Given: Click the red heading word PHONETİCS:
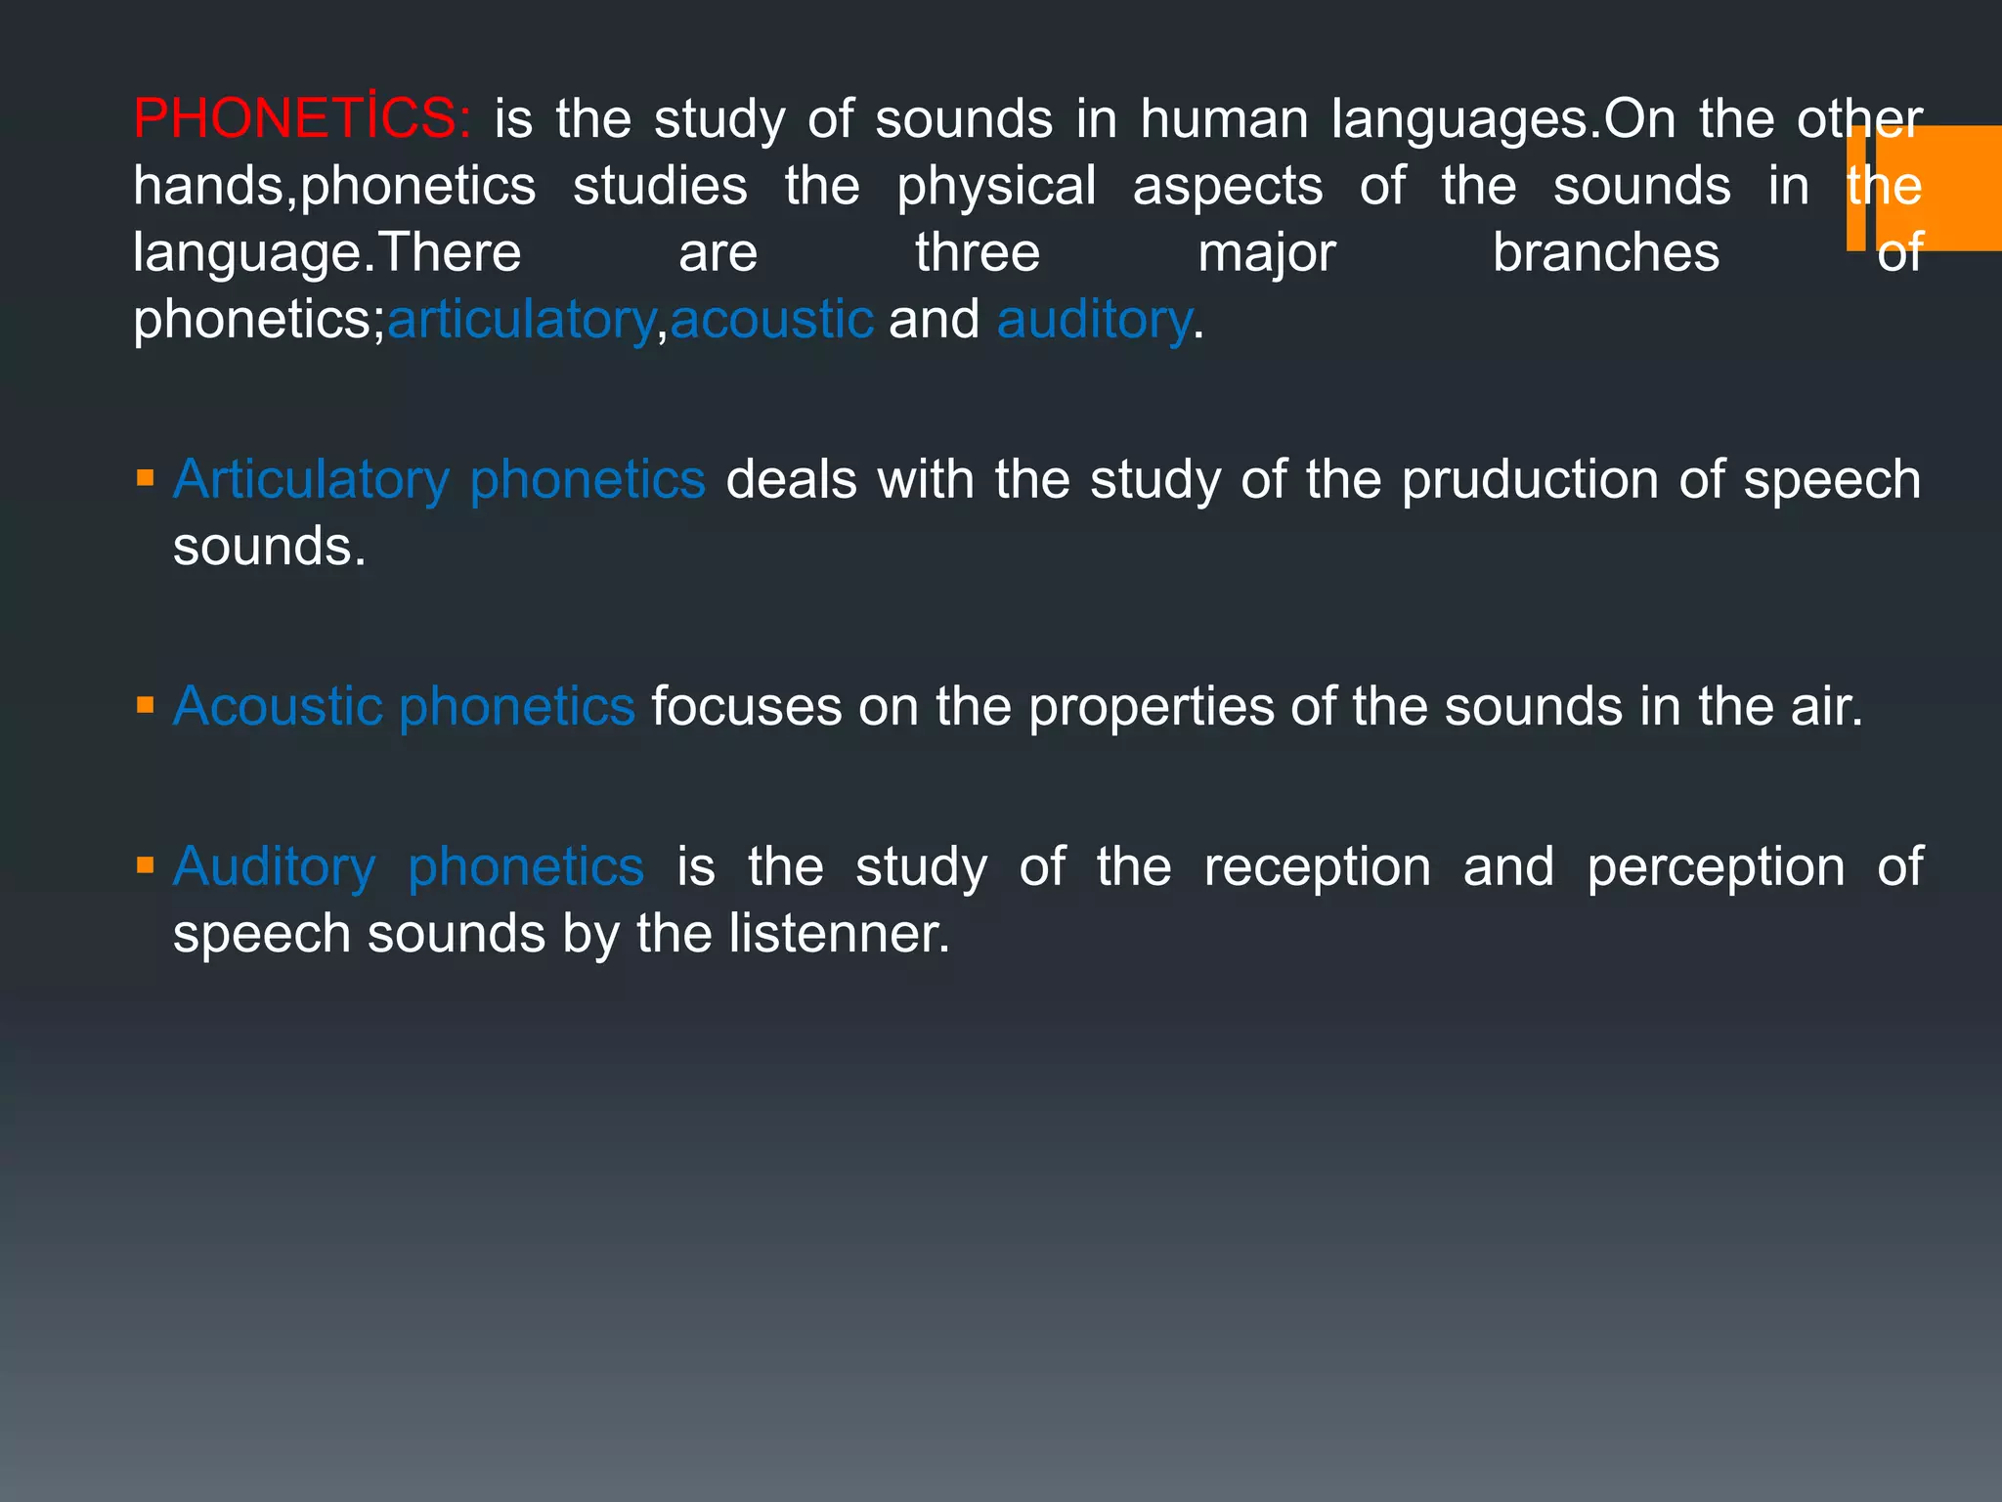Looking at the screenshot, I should point(301,119).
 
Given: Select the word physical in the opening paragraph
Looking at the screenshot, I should point(996,187).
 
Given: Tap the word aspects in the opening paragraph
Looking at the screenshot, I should point(1227,187).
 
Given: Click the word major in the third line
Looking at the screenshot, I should point(1267,253).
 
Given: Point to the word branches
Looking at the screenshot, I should point(1605,253).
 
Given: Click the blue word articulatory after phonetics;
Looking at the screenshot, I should point(521,320).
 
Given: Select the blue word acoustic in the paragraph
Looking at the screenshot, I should point(771,320).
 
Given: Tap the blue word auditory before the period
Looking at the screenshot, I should point(1094,320).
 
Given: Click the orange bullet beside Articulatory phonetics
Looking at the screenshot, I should point(146,479).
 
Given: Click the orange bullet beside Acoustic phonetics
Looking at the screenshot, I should point(146,706).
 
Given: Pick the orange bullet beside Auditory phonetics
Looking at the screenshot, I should point(146,865).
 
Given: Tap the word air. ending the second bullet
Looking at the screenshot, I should point(1827,707).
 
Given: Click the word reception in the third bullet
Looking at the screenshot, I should point(1317,866).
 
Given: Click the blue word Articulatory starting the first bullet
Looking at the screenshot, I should point(311,480).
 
